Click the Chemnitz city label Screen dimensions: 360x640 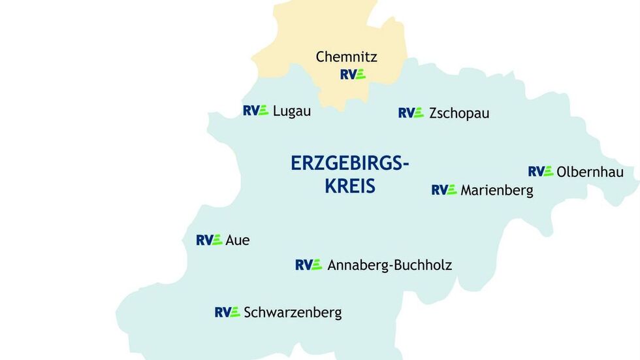[x=346, y=57]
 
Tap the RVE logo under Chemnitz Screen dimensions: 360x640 [x=353, y=74]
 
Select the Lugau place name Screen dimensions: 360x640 [x=291, y=111]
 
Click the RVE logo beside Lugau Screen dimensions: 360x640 [x=255, y=110]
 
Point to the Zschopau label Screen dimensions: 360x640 [x=459, y=114]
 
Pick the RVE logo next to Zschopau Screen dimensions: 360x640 [x=411, y=113]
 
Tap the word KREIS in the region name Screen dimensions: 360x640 [x=350, y=186]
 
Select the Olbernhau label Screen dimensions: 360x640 [x=590, y=172]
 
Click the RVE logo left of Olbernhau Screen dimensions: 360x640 [x=541, y=172]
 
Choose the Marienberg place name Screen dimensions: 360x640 [x=496, y=191]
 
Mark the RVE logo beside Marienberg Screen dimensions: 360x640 [x=444, y=190]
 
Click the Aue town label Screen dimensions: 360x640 [x=237, y=240]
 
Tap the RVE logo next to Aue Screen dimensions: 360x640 [x=209, y=240]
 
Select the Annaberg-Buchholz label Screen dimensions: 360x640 [x=389, y=265]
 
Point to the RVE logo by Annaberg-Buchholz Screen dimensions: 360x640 [x=308, y=265]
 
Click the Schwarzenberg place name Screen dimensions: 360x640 [x=293, y=313]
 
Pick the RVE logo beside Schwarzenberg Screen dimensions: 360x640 [x=227, y=312]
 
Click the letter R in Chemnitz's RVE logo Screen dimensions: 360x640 [x=344, y=74]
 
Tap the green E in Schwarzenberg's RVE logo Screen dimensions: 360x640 [x=235, y=312]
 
